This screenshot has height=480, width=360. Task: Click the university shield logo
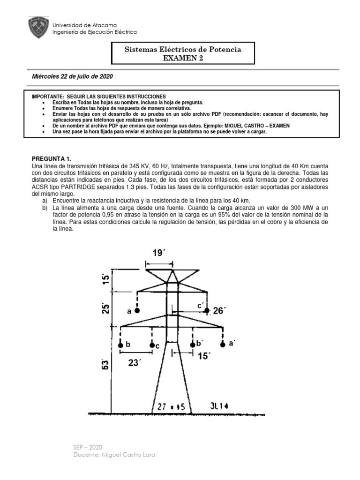click(x=38, y=28)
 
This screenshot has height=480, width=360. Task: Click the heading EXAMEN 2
click(x=182, y=58)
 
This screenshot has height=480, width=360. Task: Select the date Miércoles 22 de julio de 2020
click(x=72, y=76)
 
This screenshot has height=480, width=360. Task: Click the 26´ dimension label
click(x=219, y=310)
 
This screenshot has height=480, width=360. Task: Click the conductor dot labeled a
click(x=137, y=310)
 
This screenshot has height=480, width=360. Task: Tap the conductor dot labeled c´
click(x=207, y=310)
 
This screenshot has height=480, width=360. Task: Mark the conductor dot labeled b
click(x=121, y=345)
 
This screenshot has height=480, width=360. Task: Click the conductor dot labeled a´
click(x=223, y=345)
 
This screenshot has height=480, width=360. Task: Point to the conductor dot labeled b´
click(x=192, y=345)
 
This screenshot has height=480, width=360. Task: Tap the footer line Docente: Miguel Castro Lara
click(x=114, y=455)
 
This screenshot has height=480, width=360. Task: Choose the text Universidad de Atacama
click(x=84, y=25)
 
